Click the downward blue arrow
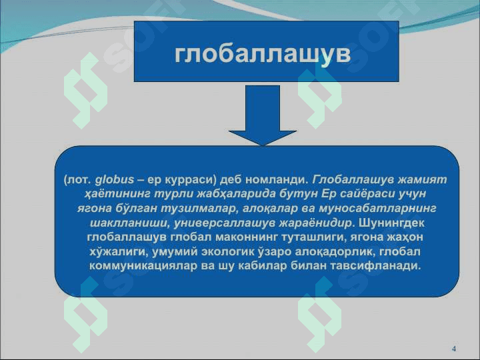[x=263, y=115]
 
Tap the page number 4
[x=454, y=349]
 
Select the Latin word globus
[x=115, y=179]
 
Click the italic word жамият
[x=422, y=179]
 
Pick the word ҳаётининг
[x=118, y=194]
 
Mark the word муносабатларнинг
[x=377, y=209]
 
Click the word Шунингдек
[x=392, y=223]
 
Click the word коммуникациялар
[x=143, y=266]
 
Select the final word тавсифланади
[x=376, y=266]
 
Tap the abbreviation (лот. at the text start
[x=78, y=180]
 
